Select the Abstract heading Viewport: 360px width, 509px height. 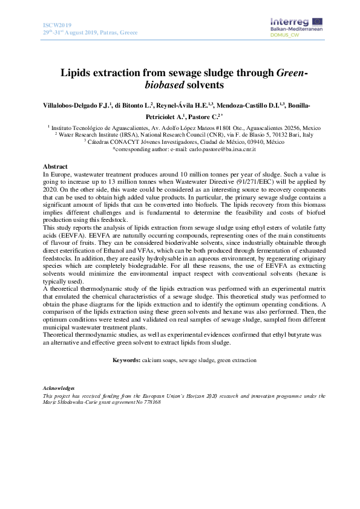click(x=55, y=166)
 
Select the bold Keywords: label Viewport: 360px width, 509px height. click(x=126, y=360)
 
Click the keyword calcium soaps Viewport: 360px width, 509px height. click(x=159, y=360)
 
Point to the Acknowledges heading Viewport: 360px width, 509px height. click(x=59, y=387)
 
